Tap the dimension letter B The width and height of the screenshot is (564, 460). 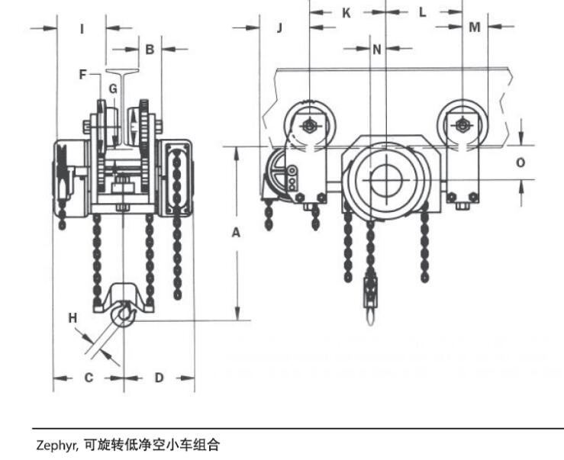coord(150,49)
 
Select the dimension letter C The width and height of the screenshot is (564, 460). coord(89,377)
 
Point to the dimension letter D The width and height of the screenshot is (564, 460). coord(159,377)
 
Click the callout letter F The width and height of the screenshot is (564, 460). coord(83,75)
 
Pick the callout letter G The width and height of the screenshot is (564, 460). coord(112,88)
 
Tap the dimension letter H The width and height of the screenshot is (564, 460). coord(73,317)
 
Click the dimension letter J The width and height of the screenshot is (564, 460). coord(279,28)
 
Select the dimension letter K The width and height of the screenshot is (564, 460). coord(346,13)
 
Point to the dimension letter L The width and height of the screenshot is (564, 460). coord(423,13)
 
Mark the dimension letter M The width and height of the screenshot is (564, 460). coord(475,28)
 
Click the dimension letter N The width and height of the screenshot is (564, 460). coord(376,50)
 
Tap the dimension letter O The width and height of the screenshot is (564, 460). coord(520,162)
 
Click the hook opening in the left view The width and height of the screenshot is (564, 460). coord(124,314)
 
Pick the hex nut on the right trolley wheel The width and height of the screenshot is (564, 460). coord(462,125)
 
